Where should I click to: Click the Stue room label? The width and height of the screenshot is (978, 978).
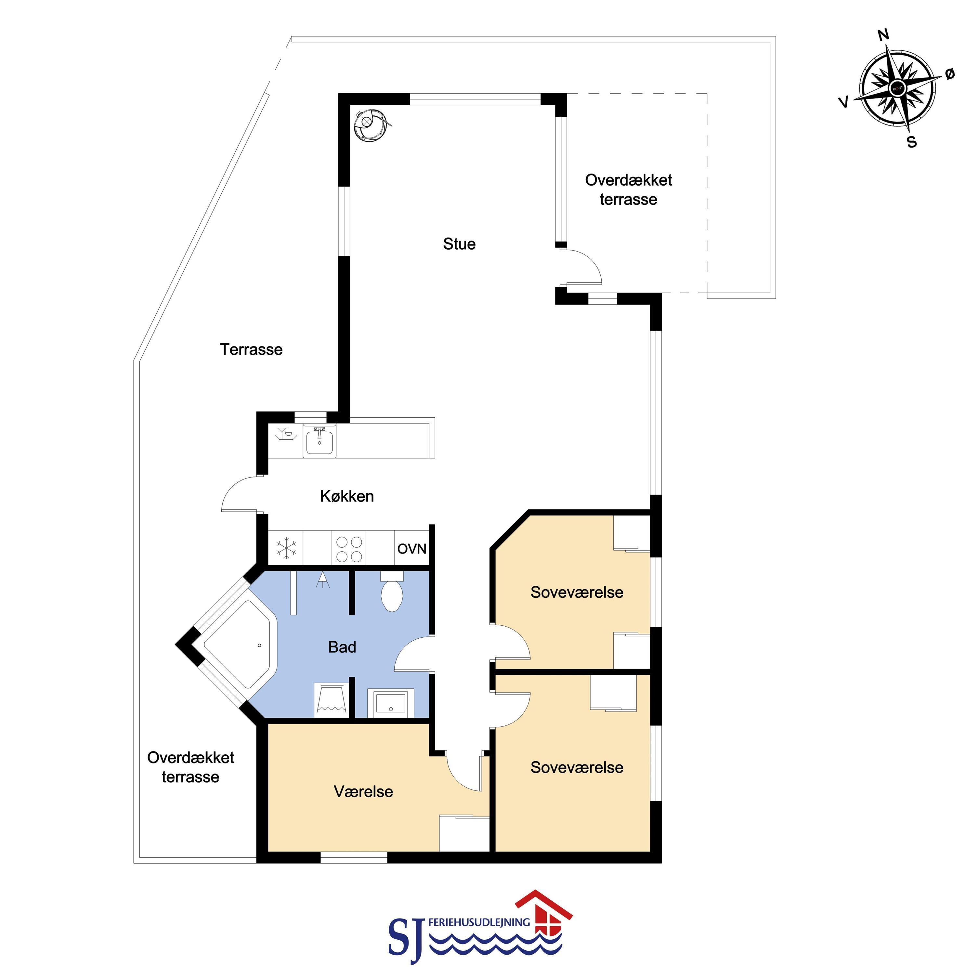click(459, 244)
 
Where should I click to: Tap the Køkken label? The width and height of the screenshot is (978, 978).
click(347, 496)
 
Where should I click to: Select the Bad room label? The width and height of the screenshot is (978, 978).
click(342, 647)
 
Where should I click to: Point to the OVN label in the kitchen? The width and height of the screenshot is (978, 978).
click(411, 549)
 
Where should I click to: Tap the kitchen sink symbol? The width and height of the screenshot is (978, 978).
click(319, 440)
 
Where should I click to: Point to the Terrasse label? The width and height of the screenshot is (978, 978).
click(251, 349)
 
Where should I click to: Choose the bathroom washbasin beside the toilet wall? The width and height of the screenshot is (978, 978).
click(390, 704)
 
